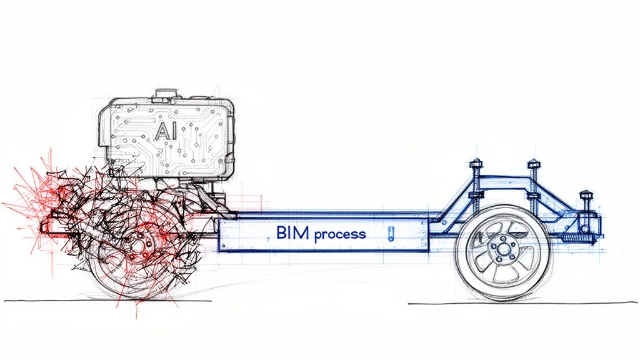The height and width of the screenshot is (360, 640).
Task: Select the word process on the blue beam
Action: (x=341, y=235)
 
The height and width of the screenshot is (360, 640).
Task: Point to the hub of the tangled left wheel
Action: (x=136, y=245)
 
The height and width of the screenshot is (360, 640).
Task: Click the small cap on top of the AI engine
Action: (x=166, y=94)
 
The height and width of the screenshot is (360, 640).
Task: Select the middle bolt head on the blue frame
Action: (x=533, y=165)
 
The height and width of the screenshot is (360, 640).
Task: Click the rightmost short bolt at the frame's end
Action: (x=585, y=194)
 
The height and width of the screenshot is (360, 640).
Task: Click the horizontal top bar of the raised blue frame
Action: (x=503, y=178)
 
